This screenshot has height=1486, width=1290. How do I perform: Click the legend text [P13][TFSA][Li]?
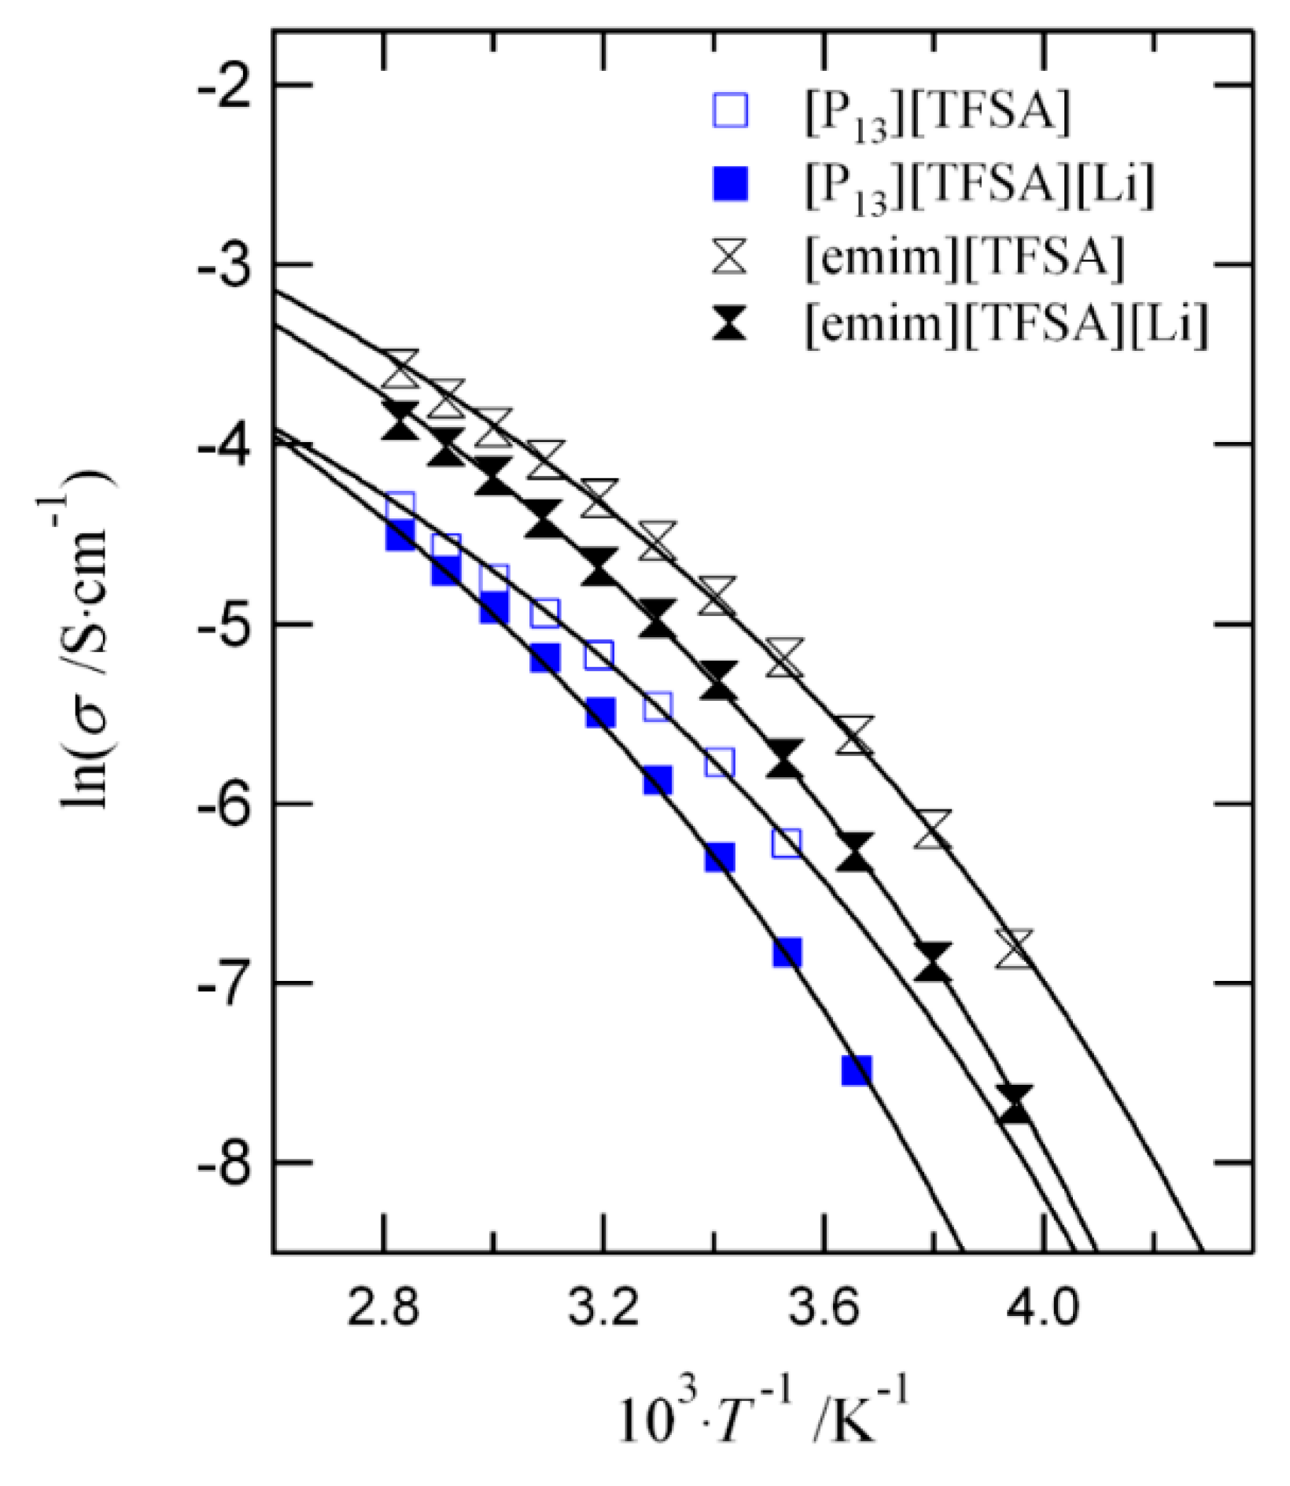(x=980, y=187)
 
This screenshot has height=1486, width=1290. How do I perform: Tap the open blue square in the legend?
(x=730, y=112)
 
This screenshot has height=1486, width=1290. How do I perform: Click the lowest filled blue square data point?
(x=857, y=1071)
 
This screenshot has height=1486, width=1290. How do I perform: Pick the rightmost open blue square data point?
(x=787, y=843)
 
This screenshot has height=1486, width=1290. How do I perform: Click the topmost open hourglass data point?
(x=400, y=368)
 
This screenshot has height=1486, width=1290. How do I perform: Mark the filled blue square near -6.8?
(x=787, y=952)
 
